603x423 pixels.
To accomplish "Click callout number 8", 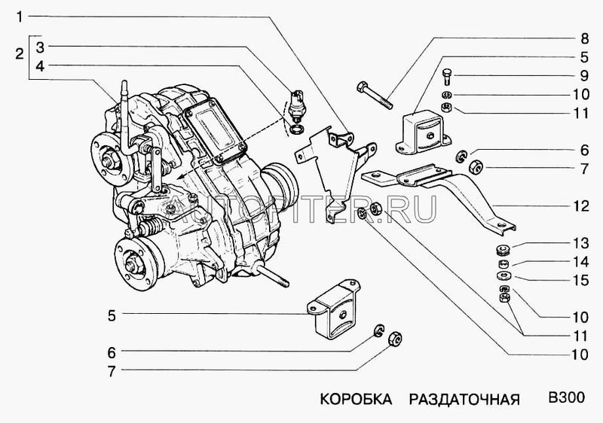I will [583, 37].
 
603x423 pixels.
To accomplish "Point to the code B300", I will [567, 397].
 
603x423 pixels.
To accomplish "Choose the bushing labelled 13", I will [503, 251].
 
